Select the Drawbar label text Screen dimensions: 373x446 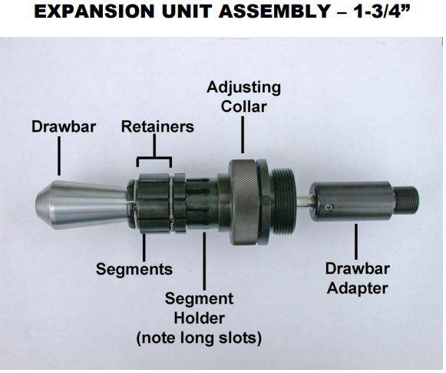tap(64, 126)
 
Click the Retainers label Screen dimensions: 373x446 tap(157, 126)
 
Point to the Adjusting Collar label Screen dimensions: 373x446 tap(243, 96)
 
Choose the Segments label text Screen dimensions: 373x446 tap(134, 269)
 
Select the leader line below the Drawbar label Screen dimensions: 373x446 tap(59, 158)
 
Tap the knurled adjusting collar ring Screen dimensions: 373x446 tap(246, 199)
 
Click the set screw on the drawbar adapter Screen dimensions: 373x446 tap(328, 206)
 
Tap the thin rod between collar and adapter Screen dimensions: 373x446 tap(303, 201)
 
